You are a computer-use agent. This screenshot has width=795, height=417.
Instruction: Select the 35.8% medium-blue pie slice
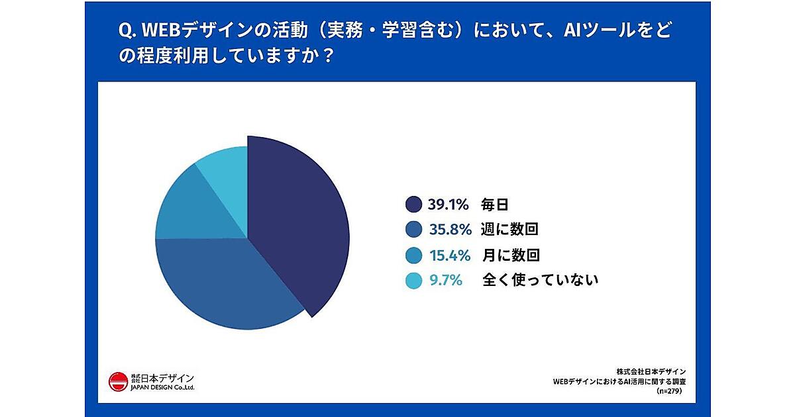[x=225, y=285]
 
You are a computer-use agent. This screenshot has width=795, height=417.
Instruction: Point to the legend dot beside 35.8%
[x=413, y=230]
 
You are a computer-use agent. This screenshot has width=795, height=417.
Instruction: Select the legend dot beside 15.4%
[x=413, y=255]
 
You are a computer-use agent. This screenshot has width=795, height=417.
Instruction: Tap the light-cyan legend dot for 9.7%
[x=413, y=281]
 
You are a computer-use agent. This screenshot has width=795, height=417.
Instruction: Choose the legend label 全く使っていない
[x=541, y=281]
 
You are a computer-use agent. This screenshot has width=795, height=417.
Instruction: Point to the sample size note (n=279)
[x=670, y=391]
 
